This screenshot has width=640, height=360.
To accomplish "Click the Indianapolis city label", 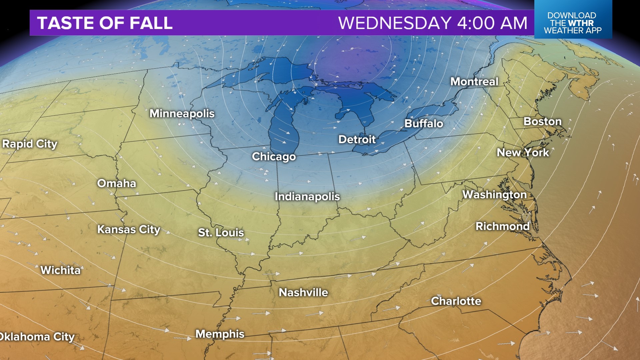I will pyautogui.click(x=307, y=197).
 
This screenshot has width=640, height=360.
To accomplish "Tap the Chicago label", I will pyautogui.click(x=274, y=157).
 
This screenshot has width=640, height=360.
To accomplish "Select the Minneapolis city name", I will pyautogui.click(x=182, y=114).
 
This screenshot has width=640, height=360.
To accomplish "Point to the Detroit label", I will pyautogui.click(x=357, y=139).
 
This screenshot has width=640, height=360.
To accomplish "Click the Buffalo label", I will pyautogui.click(x=424, y=124).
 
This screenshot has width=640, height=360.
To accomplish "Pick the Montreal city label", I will pyautogui.click(x=474, y=82).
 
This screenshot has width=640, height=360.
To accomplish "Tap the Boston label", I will pyautogui.click(x=542, y=121).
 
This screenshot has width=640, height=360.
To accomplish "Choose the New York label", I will pyautogui.click(x=523, y=153).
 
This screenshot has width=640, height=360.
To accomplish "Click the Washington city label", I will pyautogui.click(x=494, y=195).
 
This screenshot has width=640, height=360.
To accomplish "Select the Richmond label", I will pyautogui.click(x=502, y=226).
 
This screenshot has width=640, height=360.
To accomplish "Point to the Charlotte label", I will pyautogui.click(x=456, y=301).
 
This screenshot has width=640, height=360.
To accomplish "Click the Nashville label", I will pyautogui.click(x=303, y=293).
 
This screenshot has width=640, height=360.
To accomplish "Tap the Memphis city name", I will pyautogui.click(x=220, y=334).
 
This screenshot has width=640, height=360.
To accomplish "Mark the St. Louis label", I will pyautogui.click(x=221, y=233).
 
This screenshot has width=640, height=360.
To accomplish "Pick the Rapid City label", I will pyautogui.click(x=30, y=144).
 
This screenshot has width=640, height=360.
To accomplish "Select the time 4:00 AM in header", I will pyautogui.click(x=492, y=23).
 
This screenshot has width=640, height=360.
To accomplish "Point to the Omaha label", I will pyautogui.click(x=116, y=183).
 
